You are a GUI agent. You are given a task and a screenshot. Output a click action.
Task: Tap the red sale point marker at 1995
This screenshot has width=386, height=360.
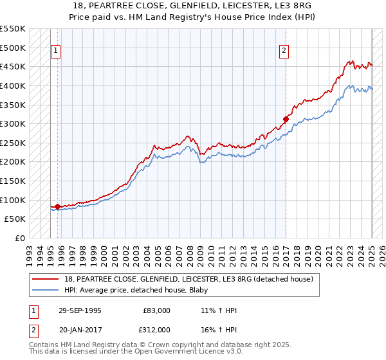[58, 206]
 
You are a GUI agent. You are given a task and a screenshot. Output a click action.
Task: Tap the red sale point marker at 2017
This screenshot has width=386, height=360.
[286, 119]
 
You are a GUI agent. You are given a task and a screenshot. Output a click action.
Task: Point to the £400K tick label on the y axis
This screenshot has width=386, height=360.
[14, 85]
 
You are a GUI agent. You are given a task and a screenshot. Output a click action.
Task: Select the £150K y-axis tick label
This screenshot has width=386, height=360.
[14, 181]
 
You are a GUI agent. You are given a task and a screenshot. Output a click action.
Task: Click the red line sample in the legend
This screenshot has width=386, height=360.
[46, 279]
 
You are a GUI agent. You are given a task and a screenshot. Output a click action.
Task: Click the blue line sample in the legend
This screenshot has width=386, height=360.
[46, 290]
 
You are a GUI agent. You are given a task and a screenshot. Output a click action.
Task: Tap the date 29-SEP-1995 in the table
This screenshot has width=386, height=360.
[80, 310]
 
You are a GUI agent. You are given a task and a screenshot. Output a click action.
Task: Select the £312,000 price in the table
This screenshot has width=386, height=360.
[156, 329]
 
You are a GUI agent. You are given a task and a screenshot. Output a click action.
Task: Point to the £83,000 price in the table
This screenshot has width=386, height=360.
[157, 310]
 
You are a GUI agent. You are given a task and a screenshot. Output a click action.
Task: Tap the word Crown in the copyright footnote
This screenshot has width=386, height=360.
[140, 345]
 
